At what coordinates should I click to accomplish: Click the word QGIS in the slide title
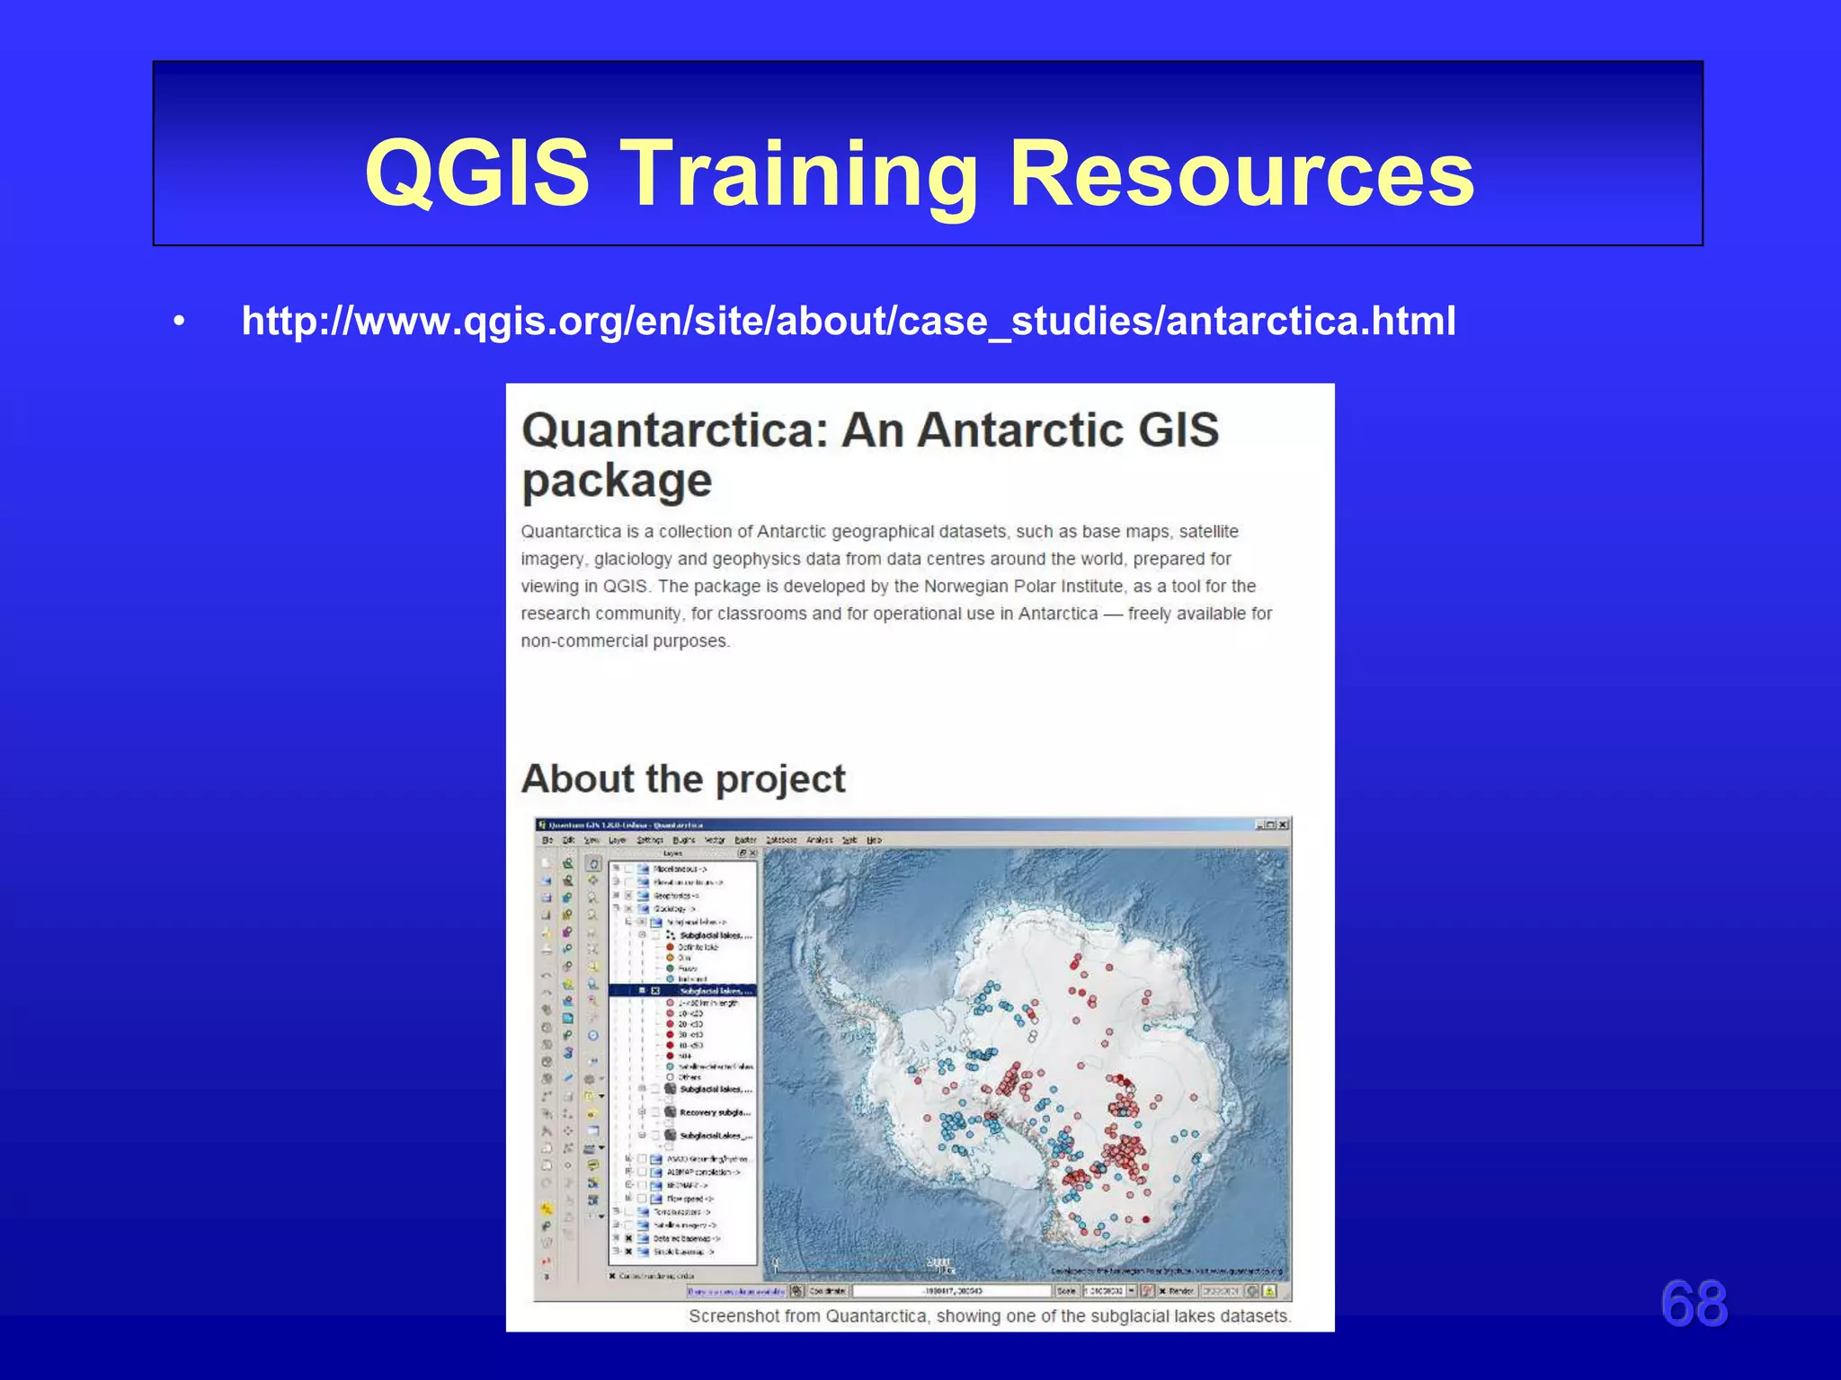(x=476, y=172)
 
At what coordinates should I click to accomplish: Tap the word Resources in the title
(x=1241, y=172)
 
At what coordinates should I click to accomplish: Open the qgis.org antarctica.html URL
(x=848, y=321)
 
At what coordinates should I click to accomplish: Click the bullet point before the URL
(x=180, y=322)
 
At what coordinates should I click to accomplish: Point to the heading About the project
(x=683, y=779)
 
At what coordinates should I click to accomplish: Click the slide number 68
(x=1694, y=1304)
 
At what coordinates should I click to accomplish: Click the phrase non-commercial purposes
(x=625, y=641)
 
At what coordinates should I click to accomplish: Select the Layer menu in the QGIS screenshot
(x=617, y=840)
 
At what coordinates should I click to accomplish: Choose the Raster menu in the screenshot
(x=745, y=840)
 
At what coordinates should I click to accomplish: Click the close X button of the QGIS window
(x=1283, y=825)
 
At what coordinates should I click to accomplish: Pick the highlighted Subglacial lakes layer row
(x=715, y=990)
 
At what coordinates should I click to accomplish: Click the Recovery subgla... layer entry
(x=715, y=1112)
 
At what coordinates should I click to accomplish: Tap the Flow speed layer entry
(x=689, y=1199)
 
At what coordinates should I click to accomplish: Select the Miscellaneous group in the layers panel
(x=680, y=869)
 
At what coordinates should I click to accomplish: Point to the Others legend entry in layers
(x=689, y=1076)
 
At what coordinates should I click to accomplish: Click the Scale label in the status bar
(x=1066, y=1291)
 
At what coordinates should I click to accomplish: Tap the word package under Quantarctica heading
(x=617, y=482)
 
